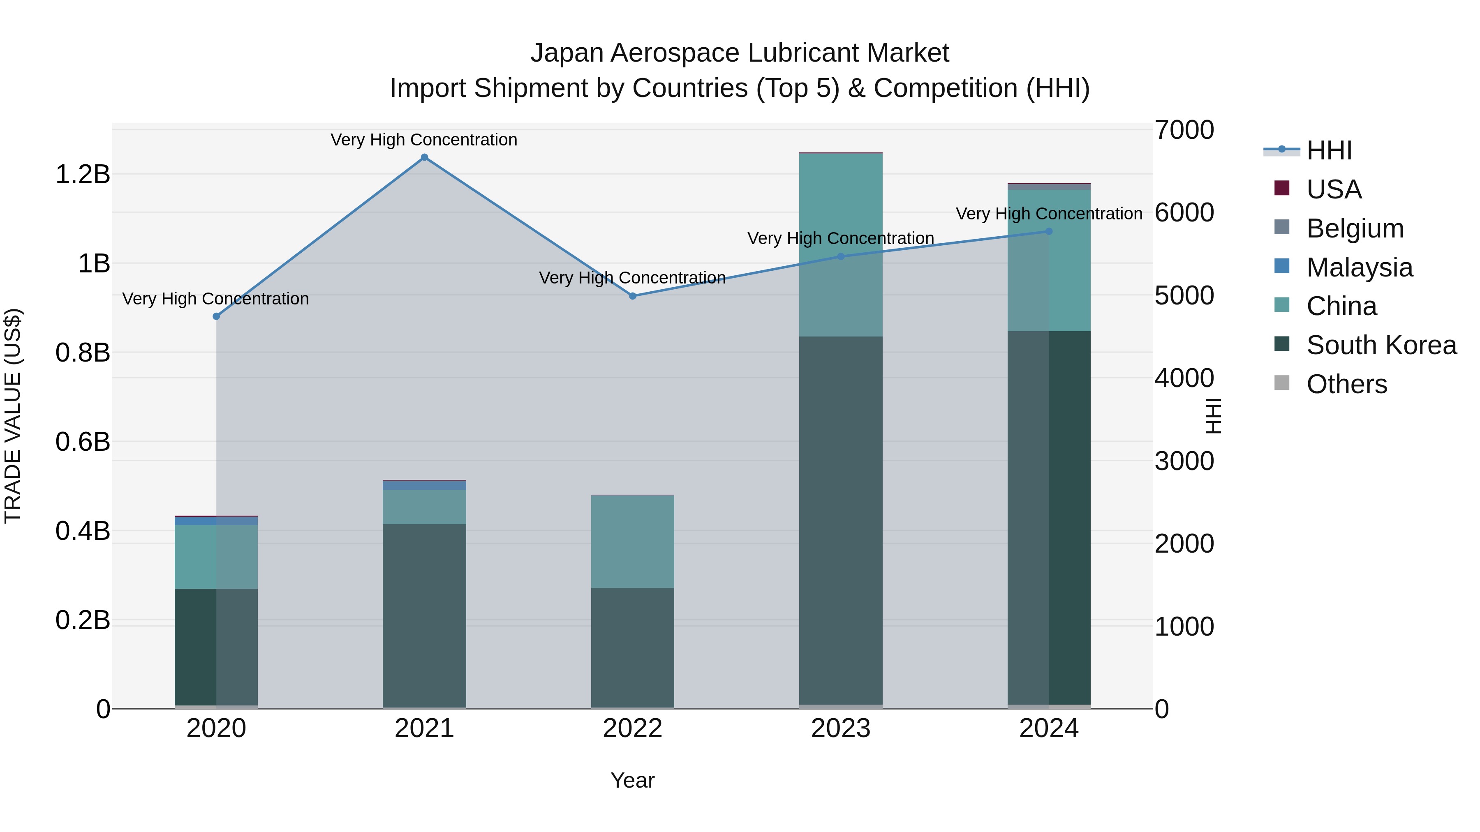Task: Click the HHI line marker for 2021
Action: (x=424, y=157)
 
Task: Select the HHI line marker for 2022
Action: (x=633, y=296)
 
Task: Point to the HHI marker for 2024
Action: (x=1048, y=231)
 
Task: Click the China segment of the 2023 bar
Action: (x=841, y=244)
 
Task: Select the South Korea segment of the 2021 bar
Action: (x=424, y=614)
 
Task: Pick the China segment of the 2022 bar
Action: (x=633, y=541)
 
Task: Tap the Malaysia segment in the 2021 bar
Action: (x=424, y=485)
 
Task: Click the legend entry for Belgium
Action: (x=1355, y=228)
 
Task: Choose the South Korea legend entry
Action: (x=1381, y=345)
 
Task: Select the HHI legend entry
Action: (x=1329, y=150)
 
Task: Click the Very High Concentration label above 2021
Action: (x=424, y=140)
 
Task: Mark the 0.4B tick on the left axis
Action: (x=83, y=531)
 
